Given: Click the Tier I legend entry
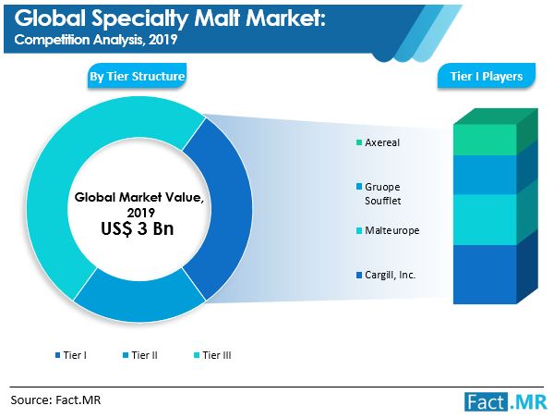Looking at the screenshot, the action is [71, 355].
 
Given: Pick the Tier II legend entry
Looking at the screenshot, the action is [140, 355].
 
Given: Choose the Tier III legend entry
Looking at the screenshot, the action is [212, 355].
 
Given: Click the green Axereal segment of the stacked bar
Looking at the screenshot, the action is [485, 139].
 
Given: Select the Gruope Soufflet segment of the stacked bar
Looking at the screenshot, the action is [485, 175].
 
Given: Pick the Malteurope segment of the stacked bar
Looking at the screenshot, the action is [485, 219].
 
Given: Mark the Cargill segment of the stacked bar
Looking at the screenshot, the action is [485, 274].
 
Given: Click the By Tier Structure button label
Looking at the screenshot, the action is [137, 76].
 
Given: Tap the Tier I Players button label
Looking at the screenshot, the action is [487, 76].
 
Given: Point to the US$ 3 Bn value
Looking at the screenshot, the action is [137, 228].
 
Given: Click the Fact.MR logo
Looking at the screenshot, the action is [506, 402].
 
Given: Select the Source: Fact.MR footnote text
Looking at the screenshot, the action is [55, 400].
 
